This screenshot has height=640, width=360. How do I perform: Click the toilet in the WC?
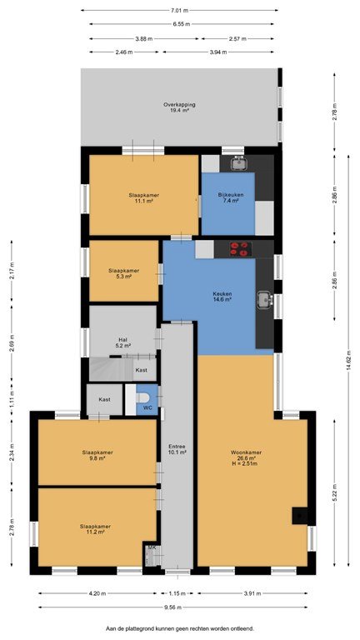(x=142, y=397)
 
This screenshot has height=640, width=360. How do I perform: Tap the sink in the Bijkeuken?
(x=238, y=163)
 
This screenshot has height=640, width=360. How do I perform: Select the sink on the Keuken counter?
(x=265, y=300)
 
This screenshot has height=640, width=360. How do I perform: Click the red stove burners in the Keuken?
(x=240, y=249)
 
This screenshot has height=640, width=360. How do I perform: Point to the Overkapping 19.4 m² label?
(x=179, y=107)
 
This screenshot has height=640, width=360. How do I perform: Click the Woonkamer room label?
(x=246, y=457)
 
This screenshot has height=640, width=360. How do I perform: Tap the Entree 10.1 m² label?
(x=177, y=449)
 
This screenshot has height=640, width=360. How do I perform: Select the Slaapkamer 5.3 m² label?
(x=123, y=273)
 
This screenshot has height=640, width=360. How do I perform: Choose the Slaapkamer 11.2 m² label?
(x=95, y=529)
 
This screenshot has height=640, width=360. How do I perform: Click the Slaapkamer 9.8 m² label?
(x=97, y=455)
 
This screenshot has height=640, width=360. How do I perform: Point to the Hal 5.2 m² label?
(x=124, y=342)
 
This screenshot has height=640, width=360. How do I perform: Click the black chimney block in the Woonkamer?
(x=300, y=516)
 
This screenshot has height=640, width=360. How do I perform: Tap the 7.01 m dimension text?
(x=179, y=10)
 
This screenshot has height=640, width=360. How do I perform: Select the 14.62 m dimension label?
(x=348, y=362)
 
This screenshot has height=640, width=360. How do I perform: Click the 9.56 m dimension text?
(x=173, y=607)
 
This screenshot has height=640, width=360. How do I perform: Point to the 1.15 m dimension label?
(x=177, y=593)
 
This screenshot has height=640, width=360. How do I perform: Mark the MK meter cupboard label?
(x=152, y=547)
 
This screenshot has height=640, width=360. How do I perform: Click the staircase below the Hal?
(x=110, y=369)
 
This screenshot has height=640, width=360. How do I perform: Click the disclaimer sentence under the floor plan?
(x=180, y=628)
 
